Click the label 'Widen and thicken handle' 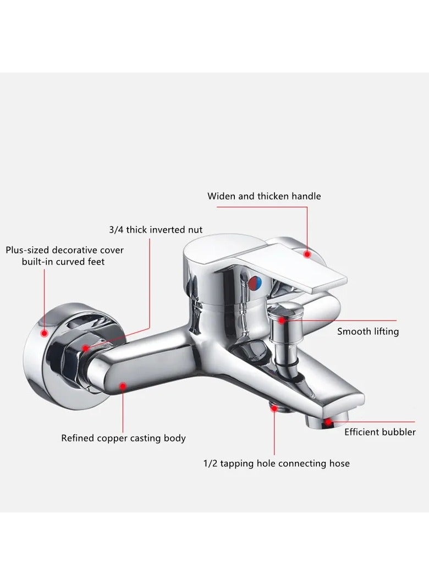point(264,196)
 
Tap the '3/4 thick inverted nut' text point(156,230)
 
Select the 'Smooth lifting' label point(368,332)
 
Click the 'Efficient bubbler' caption point(380,432)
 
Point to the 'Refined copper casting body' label point(124,438)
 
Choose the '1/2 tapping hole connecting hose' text point(276,463)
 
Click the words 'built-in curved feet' point(63,262)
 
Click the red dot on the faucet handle point(307,254)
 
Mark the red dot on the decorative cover point(45,333)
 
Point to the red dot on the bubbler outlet point(328,422)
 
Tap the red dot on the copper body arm point(123,386)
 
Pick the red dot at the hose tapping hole point(274,408)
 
